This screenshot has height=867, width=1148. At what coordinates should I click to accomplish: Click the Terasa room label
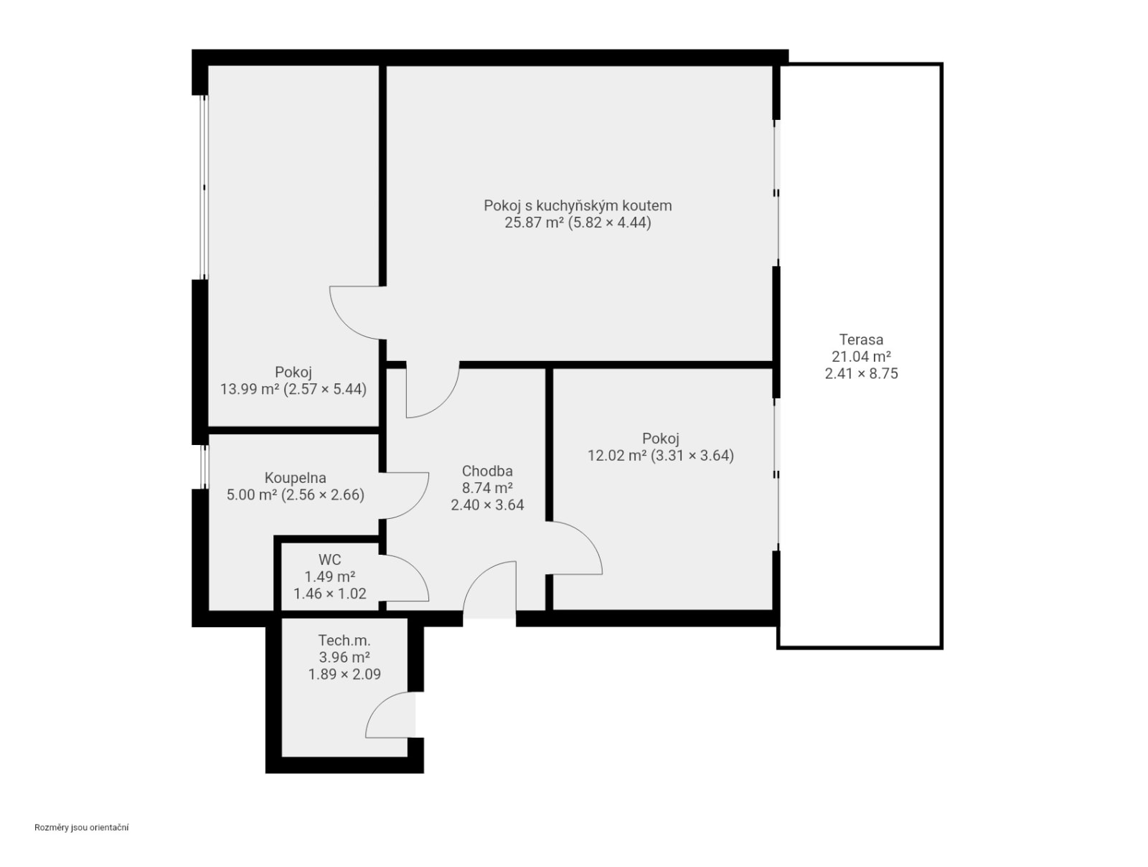pyautogui.click(x=861, y=339)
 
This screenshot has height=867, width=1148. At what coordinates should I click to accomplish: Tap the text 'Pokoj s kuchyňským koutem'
pyautogui.click(x=578, y=205)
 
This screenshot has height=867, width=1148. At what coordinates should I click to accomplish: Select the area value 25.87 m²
pyautogui.click(x=534, y=222)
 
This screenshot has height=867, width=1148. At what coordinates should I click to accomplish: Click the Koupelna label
pyautogui.click(x=295, y=478)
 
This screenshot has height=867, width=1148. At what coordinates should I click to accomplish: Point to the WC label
pyautogui.click(x=329, y=560)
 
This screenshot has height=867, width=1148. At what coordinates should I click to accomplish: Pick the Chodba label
pyautogui.click(x=487, y=471)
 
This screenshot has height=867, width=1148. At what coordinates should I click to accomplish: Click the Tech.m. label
pyautogui.click(x=344, y=640)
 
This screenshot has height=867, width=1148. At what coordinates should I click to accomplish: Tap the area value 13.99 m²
pyautogui.click(x=249, y=389)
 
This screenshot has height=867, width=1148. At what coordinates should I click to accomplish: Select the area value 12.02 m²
pyautogui.click(x=616, y=456)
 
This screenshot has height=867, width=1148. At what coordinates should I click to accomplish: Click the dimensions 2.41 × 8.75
pyautogui.click(x=861, y=373)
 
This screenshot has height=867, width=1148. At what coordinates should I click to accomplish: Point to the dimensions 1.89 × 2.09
pyautogui.click(x=344, y=674)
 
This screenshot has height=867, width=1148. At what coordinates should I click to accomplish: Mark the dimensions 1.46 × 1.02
pyautogui.click(x=329, y=594)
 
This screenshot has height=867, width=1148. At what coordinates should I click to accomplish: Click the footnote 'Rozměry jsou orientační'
pyautogui.click(x=82, y=828)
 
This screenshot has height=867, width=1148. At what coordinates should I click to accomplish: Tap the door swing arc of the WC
pyautogui.click(x=416, y=568)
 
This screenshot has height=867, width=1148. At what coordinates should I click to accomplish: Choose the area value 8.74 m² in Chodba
pyautogui.click(x=487, y=488)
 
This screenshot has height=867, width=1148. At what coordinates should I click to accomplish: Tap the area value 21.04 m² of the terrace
pyautogui.click(x=861, y=357)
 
